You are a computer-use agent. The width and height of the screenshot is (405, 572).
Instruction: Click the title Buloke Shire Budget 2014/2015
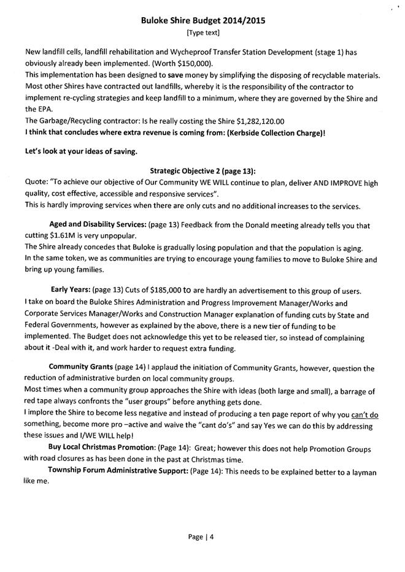coord(202,20)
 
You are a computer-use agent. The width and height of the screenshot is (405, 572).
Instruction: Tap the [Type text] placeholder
coord(202,32)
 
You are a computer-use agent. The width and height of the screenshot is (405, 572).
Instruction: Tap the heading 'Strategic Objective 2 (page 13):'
coord(202,170)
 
